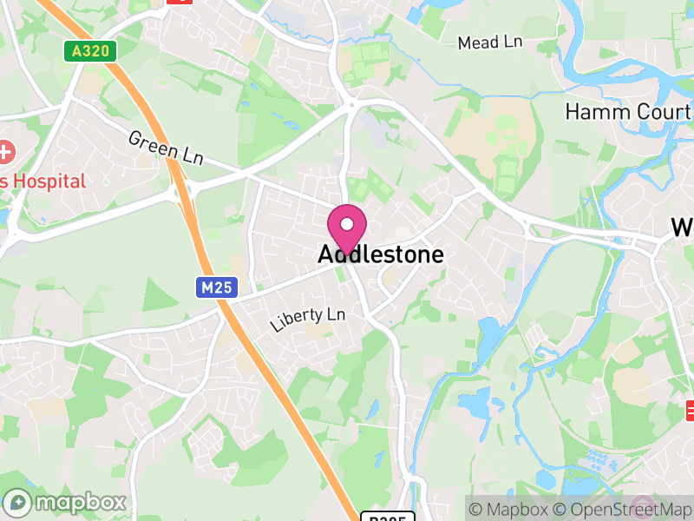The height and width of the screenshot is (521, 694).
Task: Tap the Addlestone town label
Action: point(381,254)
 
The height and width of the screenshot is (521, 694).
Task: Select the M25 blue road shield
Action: point(216,287)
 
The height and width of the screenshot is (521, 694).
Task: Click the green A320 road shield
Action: point(90,51)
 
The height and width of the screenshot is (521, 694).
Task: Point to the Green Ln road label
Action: point(165,146)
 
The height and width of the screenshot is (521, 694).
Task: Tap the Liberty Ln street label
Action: point(307,319)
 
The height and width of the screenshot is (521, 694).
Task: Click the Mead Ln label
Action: point(490,43)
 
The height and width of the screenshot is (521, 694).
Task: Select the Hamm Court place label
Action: point(628,111)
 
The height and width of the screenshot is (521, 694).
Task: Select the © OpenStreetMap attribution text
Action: point(624,509)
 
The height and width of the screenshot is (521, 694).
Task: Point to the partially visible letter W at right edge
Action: point(683,228)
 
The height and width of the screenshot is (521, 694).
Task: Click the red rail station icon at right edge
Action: point(691,408)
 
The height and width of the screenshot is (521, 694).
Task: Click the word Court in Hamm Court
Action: point(659,111)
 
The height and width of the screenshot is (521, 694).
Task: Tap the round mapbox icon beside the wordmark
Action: point(18,502)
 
